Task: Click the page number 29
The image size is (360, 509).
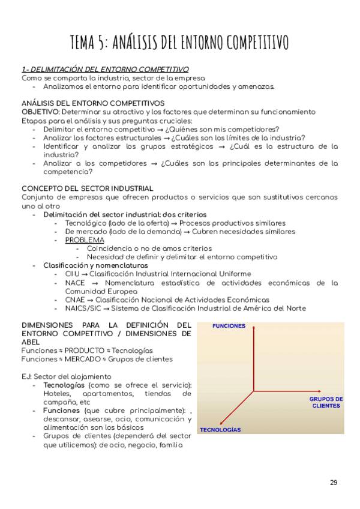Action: [334, 483]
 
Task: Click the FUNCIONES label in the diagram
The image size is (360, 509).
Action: [229, 326]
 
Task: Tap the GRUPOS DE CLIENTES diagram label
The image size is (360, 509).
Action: [326, 402]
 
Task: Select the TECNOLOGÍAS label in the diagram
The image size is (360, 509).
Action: [220, 430]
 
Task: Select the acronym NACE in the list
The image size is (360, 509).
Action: [76, 283]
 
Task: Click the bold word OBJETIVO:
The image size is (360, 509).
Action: [40, 112]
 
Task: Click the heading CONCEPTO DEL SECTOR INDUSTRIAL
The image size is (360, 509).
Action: [88, 188]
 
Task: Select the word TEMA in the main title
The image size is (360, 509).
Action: [88, 43]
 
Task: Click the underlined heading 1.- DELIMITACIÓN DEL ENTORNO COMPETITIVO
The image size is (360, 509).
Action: [105, 69]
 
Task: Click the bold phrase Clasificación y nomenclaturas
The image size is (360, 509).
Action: [95, 265]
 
